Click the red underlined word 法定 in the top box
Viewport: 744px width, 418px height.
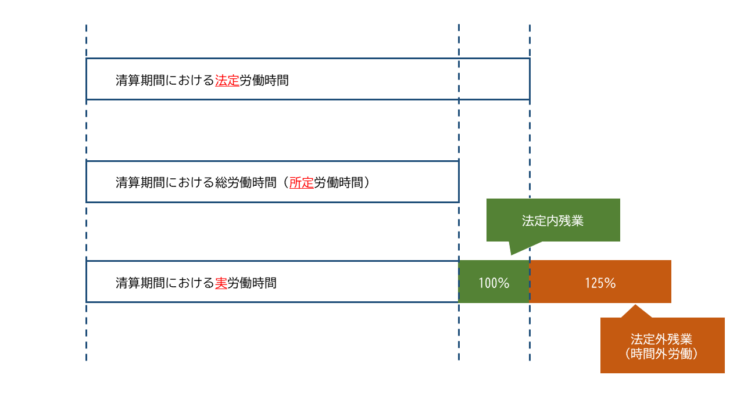[227, 81]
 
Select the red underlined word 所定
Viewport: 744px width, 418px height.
[302, 183]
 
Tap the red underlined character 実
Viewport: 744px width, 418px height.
[221, 283]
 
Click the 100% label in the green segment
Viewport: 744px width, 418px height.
[494, 283]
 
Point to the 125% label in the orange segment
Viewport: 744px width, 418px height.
[600, 283]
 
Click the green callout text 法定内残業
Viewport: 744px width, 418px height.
[553, 221]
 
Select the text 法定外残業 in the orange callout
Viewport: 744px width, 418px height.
[661, 339]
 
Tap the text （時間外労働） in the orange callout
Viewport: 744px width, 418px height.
[661, 354]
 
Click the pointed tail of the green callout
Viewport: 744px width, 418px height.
[511, 255]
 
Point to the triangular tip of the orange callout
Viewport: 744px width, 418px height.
[635, 305]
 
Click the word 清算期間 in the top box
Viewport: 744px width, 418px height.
[140, 81]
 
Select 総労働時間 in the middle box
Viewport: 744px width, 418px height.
[246, 183]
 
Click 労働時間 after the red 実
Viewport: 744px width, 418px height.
[252, 283]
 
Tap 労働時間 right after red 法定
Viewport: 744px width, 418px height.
[264, 81]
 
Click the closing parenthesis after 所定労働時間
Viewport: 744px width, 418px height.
[367, 183]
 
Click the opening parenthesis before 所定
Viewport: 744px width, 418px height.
[285, 183]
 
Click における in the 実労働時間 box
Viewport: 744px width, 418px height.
[189, 283]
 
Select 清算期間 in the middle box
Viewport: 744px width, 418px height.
[140, 183]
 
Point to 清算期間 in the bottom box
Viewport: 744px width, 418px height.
[140, 283]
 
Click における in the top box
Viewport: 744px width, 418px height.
[189, 81]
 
